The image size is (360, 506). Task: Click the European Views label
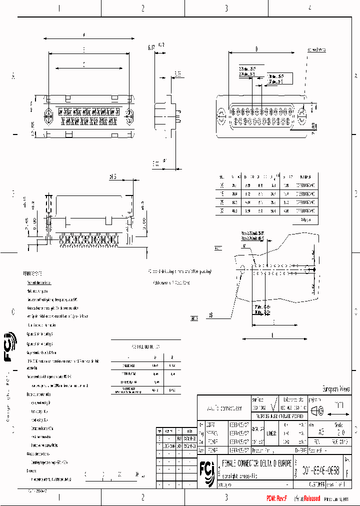click(x=335, y=389)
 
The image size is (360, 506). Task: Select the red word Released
click(x=309, y=498)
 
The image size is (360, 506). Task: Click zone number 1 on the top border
click(x=59, y=8)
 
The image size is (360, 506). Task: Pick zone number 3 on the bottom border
click(x=226, y=497)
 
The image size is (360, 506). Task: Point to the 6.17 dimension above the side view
click(x=151, y=47)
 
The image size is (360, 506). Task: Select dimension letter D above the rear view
click(x=256, y=49)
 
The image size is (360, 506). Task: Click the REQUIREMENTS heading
click(x=33, y=274)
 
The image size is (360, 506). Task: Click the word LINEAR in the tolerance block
click(x=271, y=433)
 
